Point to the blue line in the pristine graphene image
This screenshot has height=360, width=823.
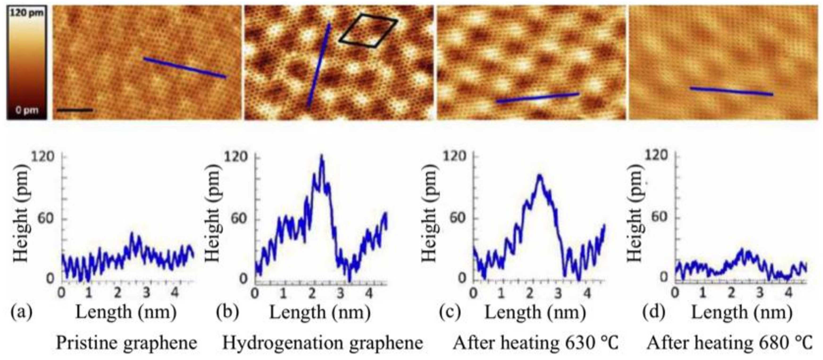pos(185,68)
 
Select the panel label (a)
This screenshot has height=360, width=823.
pos(21,312)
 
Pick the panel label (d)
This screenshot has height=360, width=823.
pos(654,312)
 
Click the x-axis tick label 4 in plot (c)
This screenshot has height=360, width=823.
pos(587,293)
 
